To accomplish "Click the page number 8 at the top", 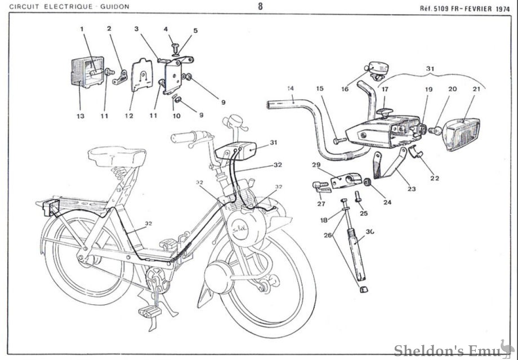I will coord(260,7).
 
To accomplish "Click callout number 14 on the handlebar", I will coord(291,88).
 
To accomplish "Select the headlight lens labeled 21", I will coord(463,134).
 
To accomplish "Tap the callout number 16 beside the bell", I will coord(345,88).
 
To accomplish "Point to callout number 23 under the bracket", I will coord(412,189).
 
